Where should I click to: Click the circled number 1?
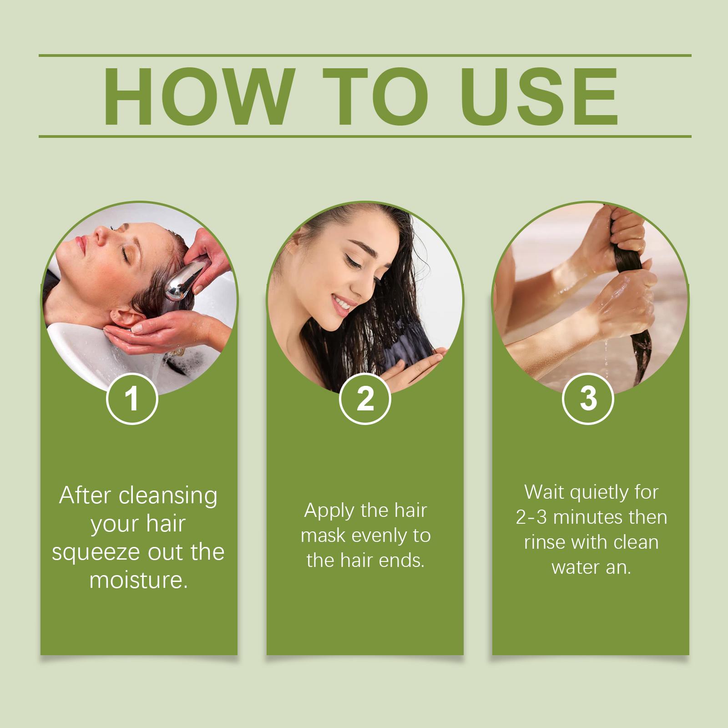point(132,399)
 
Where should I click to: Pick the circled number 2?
point(365,399)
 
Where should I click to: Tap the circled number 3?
point(588,399)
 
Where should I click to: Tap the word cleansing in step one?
point(168,496)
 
